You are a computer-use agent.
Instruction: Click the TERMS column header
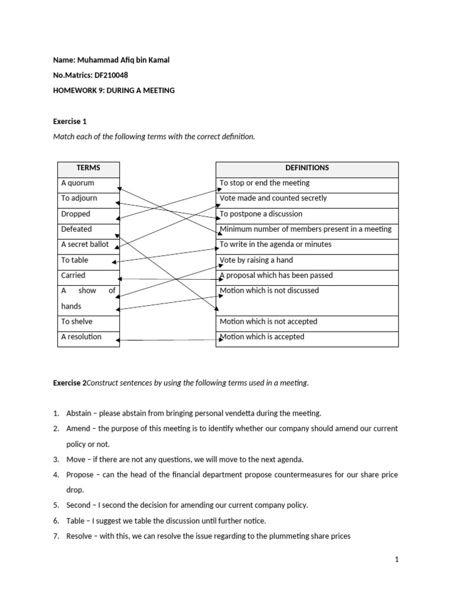(x=88, y=168)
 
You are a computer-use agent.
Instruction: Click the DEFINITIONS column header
(x=307, y=168)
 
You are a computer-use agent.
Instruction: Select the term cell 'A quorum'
(x=78, y=183)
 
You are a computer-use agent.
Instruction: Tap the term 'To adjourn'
(x=79, y=198)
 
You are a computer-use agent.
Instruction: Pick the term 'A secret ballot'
(x=85, y=244)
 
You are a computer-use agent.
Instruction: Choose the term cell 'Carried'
(x=74, y=275)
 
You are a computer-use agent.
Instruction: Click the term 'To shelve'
(x=77, y=322)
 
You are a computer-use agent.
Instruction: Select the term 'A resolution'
(x=81, y=337)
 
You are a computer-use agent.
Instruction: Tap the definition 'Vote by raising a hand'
(x=256, y=260)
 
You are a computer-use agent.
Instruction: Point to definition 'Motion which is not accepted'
(x=268, y=322)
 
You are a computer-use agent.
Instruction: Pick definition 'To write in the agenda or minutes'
(x=275, y=244)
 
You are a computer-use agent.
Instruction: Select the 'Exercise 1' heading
(x=70, y=122)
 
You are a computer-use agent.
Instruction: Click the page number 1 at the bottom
(x=397, y=560)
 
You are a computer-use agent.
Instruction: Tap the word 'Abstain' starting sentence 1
(x=79, y=413)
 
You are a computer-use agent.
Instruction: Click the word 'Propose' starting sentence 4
(x=79, y=474)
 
